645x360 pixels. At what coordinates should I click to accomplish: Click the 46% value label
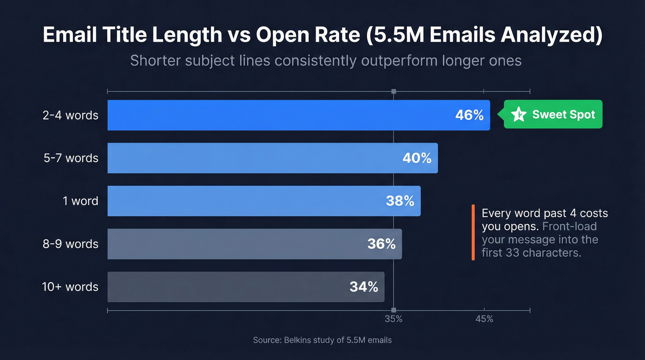coord(469,115)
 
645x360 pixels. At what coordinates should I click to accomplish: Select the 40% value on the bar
coord(416,158)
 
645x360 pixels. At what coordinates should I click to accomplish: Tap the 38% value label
coord(399,201)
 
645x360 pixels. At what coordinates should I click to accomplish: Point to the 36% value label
coord(381,244)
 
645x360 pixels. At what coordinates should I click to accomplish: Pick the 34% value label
coord(364,287)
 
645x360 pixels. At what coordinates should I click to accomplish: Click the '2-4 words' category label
coord(70,115)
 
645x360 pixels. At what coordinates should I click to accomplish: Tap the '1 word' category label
coord(81,201)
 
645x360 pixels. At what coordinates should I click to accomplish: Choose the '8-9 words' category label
coord(70,244)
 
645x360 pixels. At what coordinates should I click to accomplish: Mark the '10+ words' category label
coord(70,287)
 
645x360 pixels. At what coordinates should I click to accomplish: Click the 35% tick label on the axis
coord(393,319)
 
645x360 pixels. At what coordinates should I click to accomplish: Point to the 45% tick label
coord(484,319)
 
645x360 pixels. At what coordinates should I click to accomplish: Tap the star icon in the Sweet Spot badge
coord(519,114)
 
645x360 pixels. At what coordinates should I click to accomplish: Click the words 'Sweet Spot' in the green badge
coord(563,114)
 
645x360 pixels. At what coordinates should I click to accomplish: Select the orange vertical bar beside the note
coord(473,232)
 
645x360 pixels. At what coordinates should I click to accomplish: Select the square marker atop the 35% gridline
coord(393,91)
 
